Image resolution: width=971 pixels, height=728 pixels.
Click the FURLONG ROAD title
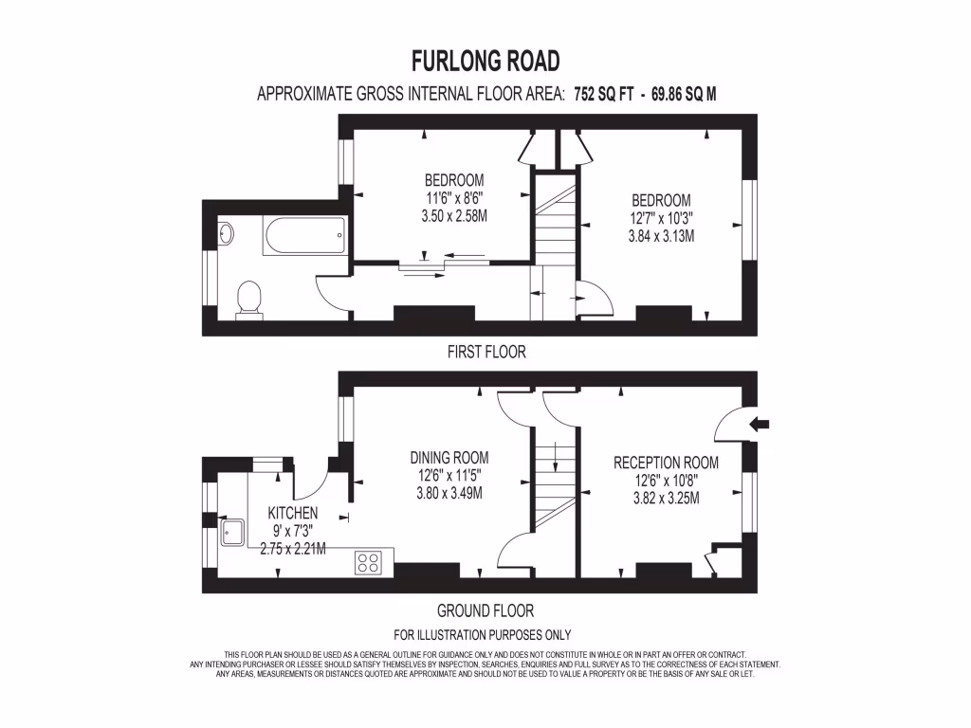pos(485,62)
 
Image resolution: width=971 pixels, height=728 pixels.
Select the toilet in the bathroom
pos(249,299)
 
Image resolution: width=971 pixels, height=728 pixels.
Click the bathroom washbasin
pos(226,232)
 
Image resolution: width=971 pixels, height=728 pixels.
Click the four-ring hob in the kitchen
pos(368,562)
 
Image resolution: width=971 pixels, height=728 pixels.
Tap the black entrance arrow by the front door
pos(760,424)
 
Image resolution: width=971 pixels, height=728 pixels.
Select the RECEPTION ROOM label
pos(666,463)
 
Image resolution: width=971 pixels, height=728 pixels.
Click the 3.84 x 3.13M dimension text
pos(661,236)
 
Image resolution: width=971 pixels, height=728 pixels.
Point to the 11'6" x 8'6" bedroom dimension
pos(453,198)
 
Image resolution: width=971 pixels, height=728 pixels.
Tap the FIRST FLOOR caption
pos(485,352)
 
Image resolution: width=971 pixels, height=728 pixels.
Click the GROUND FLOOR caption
pos(485,611)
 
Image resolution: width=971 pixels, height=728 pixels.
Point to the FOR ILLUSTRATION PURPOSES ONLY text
pos(482,635)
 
